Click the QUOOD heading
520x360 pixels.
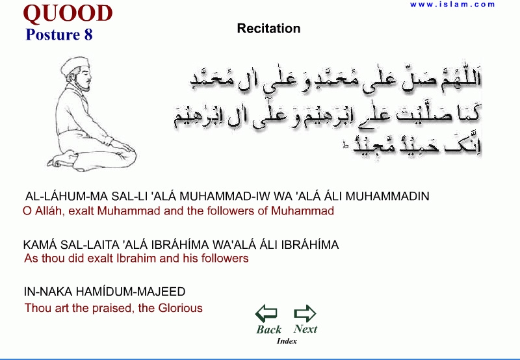[x=68, y=14]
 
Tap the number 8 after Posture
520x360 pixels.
[x=88, y=35]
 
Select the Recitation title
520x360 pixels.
[x=269, y=29]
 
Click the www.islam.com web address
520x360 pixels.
[x=452, y=5]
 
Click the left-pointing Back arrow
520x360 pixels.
[x=266, y=313]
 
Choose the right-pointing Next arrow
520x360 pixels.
[x=305, y=313]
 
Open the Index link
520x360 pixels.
[x=287, y=341]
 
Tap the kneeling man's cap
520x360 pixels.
[x=75, y=64]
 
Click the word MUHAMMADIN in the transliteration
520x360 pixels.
[x=387, y=196]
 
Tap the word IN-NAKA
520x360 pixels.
[x=47, y=292]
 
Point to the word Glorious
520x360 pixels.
[x=181, y=308]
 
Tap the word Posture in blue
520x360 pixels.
[x=53, y=35]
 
